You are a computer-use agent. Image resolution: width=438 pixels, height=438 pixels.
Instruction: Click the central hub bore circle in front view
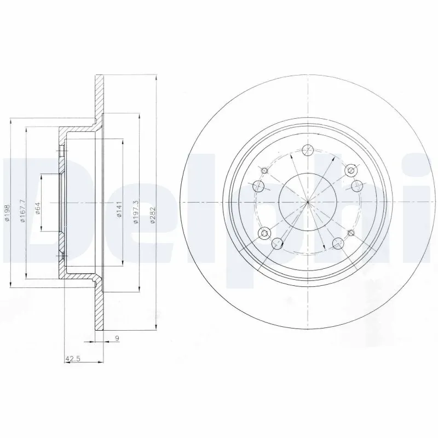coord(308,202)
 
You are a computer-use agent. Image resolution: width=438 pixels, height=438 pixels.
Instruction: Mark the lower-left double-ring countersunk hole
coord(267,234)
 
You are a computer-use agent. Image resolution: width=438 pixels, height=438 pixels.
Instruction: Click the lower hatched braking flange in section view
coord(99,312)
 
